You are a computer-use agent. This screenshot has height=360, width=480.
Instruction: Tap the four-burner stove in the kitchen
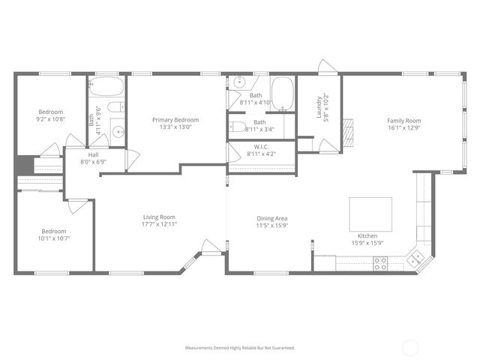[x=380, y=262]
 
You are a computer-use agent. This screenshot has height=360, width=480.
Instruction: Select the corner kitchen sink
[x=414, y=259]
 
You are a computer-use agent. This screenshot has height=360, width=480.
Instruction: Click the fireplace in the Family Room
[x=347, y=133]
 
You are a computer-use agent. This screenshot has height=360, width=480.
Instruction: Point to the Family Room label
[x=403, y=121]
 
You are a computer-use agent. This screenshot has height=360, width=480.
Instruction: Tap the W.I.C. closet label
[x=261, y=146]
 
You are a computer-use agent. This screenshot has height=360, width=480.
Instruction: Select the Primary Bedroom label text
[x=175, y=120]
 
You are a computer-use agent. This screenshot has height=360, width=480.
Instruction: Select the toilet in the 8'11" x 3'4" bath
[x=237, y=126]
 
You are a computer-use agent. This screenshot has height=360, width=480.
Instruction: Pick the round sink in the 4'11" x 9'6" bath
[x=118, y=133]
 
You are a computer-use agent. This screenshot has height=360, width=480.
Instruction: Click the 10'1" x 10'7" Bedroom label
[x=53, y=235]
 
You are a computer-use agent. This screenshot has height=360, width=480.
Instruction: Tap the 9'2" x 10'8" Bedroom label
[x=51, y=115]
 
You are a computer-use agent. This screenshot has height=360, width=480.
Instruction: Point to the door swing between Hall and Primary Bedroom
[x=132, y=159]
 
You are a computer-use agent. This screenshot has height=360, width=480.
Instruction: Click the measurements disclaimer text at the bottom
[x=240, y=348]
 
